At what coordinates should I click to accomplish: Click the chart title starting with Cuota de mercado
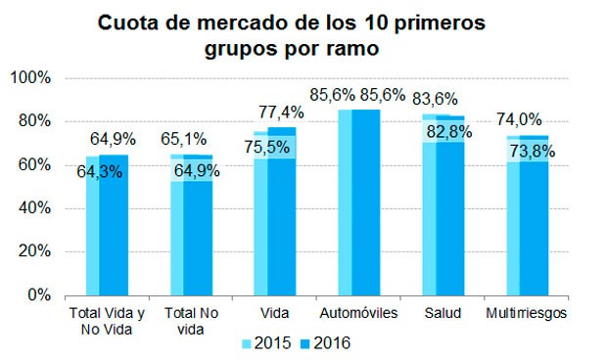pyautogui.click(x=303, y=33)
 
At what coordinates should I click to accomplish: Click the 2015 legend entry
pyautogui.click(x=270, y=342)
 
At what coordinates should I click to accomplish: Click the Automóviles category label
pyautogui.click(x=358, y=313)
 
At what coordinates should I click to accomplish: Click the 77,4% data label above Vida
pyautogui.click(x=281, y=112)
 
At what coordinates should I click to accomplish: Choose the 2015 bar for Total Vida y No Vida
pyautogui.click(x=92, y=235)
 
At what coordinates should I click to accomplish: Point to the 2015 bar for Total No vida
pyautogui.click(x=176, y=235)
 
